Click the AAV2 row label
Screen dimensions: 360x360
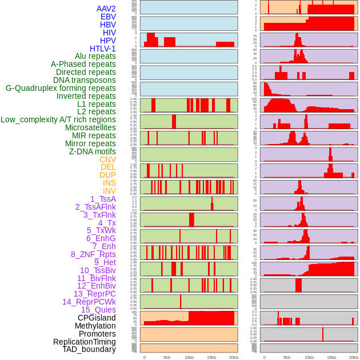coord(106,9)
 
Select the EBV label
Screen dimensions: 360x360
coord(108,17)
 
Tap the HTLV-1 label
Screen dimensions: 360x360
coord(102,49)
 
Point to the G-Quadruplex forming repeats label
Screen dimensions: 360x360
coord(61,88)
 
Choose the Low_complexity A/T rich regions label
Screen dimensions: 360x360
coord(58,119)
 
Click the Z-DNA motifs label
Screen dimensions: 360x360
coord(93,151)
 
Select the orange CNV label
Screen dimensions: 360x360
coord(107,159)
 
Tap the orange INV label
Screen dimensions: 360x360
coord(109,191)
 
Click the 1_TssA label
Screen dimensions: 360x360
coord(103,199)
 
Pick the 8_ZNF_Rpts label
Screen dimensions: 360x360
coord(93,254)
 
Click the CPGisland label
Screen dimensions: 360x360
coord(97,318)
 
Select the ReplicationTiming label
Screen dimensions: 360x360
coord(84,342)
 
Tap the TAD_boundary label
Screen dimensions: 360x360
coord(89,349)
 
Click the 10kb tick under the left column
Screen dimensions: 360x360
coord(189,357)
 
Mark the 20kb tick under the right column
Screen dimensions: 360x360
coord(354,357)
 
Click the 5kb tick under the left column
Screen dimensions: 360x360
coord(167,357)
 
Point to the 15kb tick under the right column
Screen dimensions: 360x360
coord(331,357)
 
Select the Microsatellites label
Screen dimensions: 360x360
coord(90,127)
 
